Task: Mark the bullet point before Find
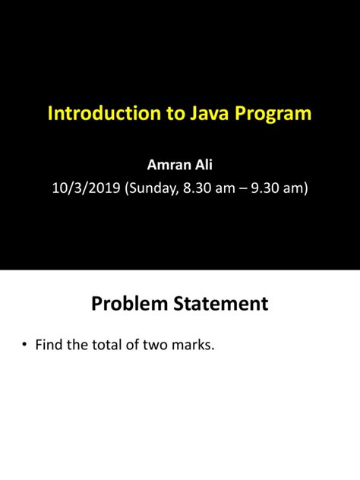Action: click(25, 346)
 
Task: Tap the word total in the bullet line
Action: click(106, 346)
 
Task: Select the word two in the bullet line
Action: click(159, 346)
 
